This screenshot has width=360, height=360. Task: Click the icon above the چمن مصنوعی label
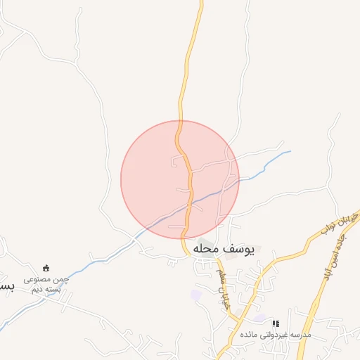click(46, 268)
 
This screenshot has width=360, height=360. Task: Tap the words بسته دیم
click(46, 289)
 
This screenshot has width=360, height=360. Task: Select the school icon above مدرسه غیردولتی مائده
click(276, 323)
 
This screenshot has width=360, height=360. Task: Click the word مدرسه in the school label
click(300, 335)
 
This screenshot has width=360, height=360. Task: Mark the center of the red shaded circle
click(180, 179)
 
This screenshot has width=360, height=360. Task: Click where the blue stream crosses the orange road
click(189, 205)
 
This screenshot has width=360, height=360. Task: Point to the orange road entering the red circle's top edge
click(179, 122)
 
